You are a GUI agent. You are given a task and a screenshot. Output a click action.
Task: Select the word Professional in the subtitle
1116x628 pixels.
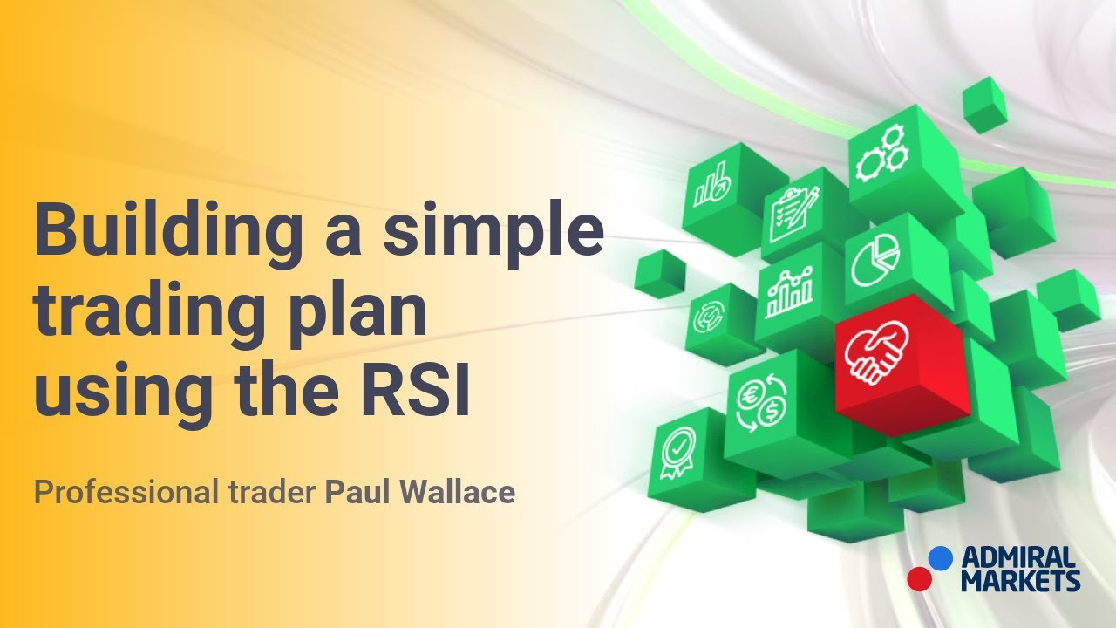coord(124,493)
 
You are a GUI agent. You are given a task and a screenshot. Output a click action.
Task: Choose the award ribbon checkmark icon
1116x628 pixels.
coord(677,454)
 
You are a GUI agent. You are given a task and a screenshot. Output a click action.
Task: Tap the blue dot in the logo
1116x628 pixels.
coord(940,557)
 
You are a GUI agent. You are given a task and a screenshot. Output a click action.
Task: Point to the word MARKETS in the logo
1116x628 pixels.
coord(1020,580)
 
